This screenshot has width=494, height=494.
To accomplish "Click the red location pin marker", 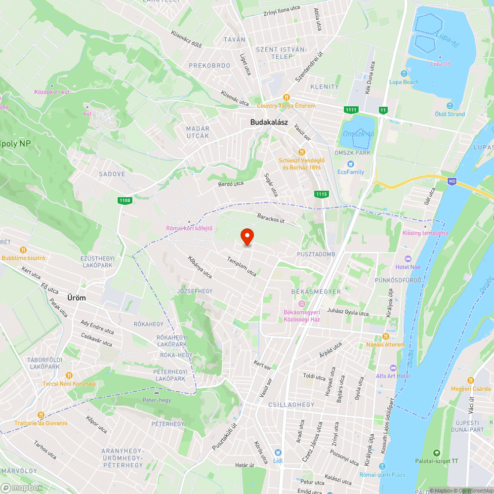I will [247, 237].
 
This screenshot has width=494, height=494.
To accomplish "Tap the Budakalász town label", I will [269, 122].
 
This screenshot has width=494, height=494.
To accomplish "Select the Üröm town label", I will [77, 298].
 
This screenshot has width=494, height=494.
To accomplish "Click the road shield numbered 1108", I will [124, 200].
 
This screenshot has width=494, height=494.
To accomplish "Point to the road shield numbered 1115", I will [321, 194].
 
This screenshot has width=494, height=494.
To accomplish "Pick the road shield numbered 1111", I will [351, 109].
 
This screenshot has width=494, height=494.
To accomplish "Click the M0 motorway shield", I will [452, 181].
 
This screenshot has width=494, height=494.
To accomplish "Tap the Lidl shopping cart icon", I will [278, 453].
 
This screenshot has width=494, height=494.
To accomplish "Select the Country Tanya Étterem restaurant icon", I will [286, 97].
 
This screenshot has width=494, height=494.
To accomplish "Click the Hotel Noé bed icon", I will [408, 259].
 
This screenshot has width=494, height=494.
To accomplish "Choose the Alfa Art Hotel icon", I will [393, 368].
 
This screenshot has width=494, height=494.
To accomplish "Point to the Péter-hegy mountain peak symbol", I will [156, 391].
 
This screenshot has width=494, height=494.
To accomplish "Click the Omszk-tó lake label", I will [358, 134].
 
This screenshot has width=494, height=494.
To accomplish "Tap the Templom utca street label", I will [242, 266].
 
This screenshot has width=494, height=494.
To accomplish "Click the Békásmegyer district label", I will [316, 291].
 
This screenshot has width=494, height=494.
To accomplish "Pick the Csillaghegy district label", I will [291, 405].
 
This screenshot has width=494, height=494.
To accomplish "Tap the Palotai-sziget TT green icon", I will [436, 453].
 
